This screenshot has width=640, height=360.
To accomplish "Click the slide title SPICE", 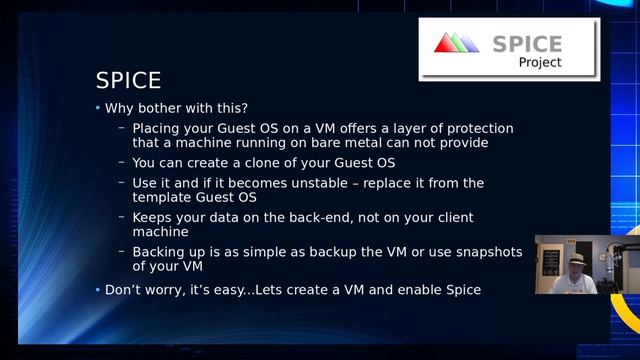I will tap(128, 80).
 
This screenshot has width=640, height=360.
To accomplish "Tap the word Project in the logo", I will tap(540, 62).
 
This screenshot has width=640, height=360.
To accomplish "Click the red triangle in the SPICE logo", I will tap(444, 42).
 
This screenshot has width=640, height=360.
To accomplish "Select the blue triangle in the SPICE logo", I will tap(470, 42).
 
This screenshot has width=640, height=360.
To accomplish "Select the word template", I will tap(162, 197).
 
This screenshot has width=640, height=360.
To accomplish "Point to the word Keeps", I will tap(154, 217).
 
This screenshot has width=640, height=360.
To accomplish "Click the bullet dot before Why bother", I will tap(98, 108).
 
